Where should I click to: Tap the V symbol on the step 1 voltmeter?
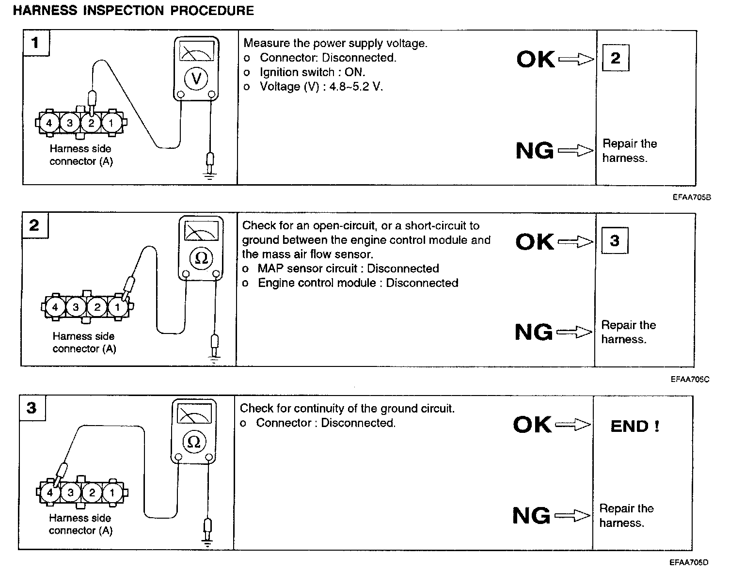196,78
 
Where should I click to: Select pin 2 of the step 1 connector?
91,123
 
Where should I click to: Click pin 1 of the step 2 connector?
117,307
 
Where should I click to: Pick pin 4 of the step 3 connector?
50,493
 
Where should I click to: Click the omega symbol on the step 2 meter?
201,258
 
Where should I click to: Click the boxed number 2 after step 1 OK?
615,58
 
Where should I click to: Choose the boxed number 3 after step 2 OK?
614,240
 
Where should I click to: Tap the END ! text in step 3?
634,426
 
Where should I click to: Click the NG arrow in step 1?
575,151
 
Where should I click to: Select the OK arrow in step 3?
572,425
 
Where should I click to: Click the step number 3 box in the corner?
32,408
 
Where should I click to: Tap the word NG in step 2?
533,333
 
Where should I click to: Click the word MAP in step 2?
270,269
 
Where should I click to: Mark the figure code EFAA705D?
689,562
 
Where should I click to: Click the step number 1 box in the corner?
35,43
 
